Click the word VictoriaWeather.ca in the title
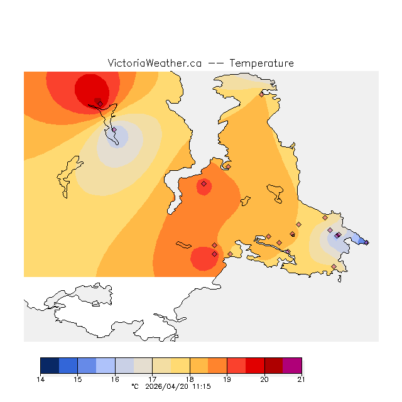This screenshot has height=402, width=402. click(x=155, y=63)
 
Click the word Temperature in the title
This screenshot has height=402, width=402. click(x=261, y=63)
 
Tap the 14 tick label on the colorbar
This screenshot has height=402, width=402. click(x=41, y=379)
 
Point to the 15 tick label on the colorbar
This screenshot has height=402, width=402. click(x=78, y=379)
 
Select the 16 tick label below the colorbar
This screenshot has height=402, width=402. click(x=115, y=379)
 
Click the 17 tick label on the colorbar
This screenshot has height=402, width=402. click(x=153, y=379)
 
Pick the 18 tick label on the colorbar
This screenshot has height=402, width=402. click(x=190, y=379)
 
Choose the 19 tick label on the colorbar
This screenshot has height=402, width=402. click(x=227, y=379)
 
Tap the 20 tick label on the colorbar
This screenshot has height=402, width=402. click(x=264, y=379)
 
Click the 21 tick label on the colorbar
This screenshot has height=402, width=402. click(x=301, y=379)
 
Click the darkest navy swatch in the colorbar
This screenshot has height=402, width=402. click(x=50, y=366)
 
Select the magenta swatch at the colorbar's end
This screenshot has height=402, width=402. click(x=292, y=366)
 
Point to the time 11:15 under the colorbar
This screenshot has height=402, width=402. click(x=202, y=387)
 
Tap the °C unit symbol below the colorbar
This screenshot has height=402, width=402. click(x=134, y=387)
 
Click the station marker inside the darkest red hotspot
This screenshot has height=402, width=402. click(x=99, y=103)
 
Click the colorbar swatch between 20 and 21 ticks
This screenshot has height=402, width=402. click(x=283, y=366)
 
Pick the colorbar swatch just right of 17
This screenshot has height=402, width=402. click(x=161, y=366)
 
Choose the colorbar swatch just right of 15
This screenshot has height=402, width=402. click(x=87, y=366)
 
